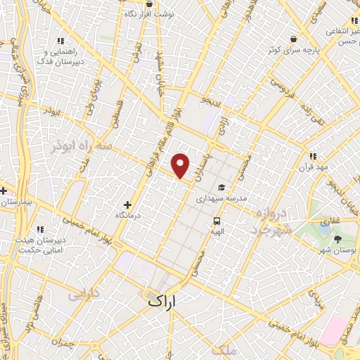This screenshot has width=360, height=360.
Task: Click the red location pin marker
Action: click(x=181, y=165)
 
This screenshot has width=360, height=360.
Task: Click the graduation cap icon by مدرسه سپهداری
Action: click(x=221, y=188)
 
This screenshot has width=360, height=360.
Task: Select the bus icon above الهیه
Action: click(x=218, y=220)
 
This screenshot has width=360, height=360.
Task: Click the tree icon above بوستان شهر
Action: click(x=338, y=240)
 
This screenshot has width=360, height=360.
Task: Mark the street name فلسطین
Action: click(x=113, y=113)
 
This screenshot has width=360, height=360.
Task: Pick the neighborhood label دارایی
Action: click(x=83, y=294)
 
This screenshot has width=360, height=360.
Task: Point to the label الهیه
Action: click(x=217, y=230)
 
